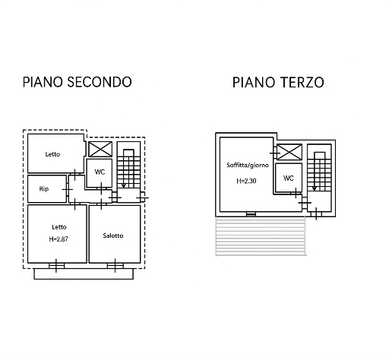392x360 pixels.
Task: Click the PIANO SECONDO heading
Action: [x=77, y=82]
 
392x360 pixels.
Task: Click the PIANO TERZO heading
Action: [x=279, y=82]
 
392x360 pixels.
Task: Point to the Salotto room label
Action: [x=113, y=235]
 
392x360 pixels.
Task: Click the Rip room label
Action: [x=44, y=188]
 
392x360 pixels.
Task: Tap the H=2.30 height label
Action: [x=246, y=182]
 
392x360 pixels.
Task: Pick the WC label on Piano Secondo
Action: [x=100, y=172]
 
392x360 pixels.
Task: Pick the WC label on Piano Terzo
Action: [x=288, y=178]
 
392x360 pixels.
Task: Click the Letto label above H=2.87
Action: [x=58, y=226]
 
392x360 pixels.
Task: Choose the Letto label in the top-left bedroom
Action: [x=52, y=154]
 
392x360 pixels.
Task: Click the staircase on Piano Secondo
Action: [x=127, y=169]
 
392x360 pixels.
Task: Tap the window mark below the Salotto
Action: [x=114, y=264]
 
